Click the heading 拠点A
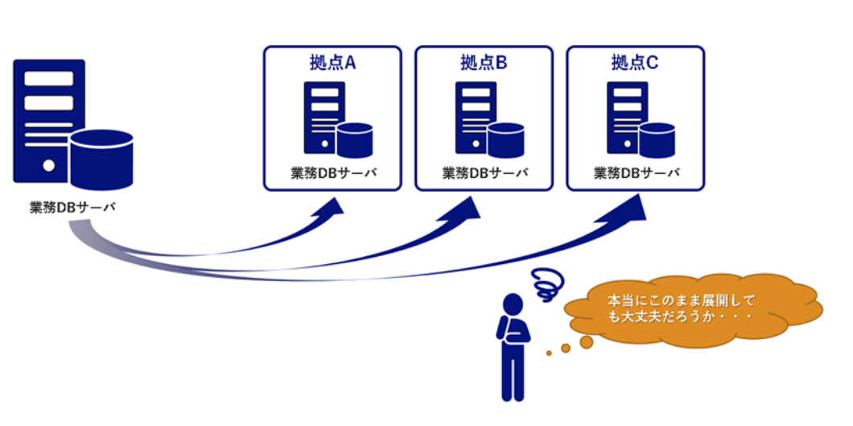coord(332,62)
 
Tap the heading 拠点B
coord(484,62)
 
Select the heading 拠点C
coord(635,62)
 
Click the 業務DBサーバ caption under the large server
coord(72,207)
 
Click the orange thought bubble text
coord(681,309)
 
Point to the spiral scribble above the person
coord(547,283)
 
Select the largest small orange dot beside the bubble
coord(586,341)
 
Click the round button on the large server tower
coord(48,166)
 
